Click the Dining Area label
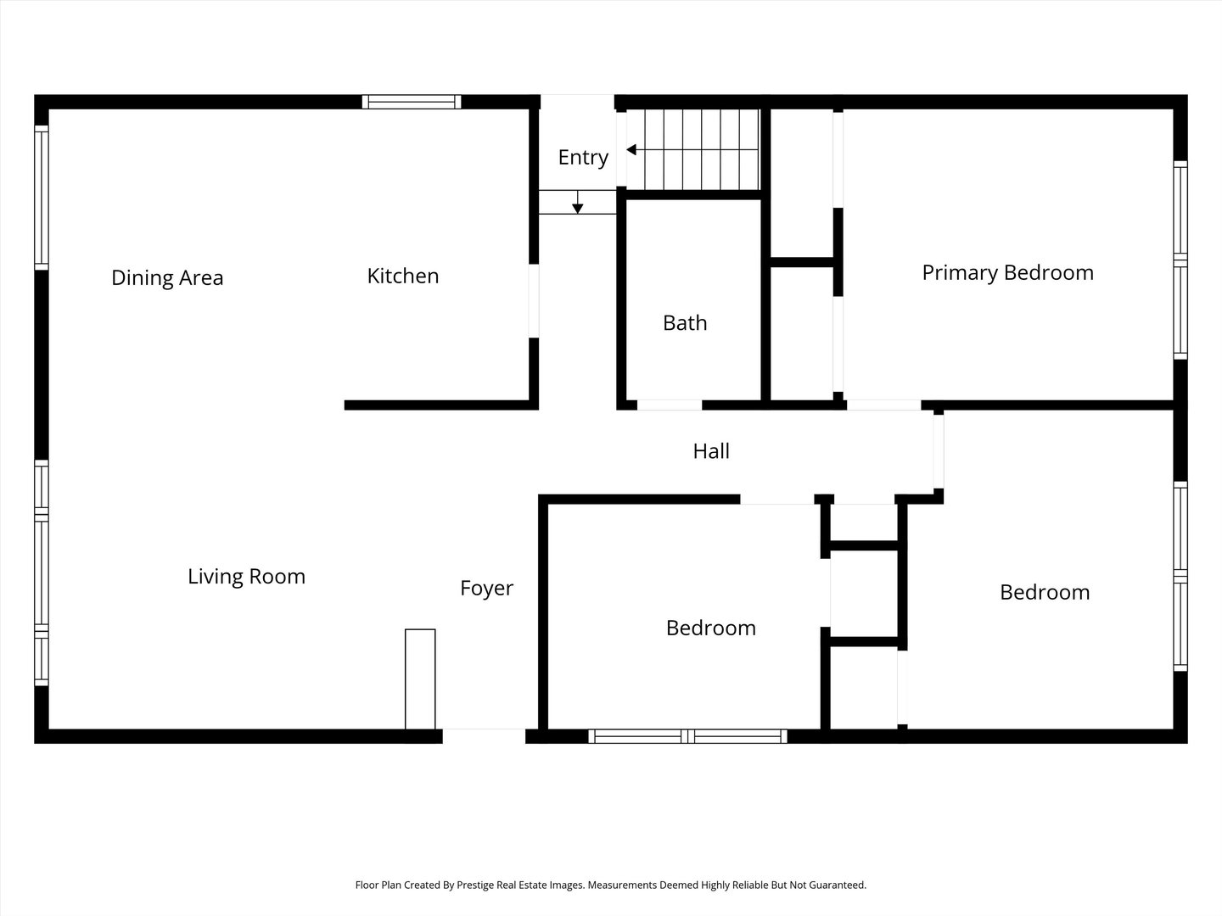point(167,278)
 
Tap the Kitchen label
point(402,276)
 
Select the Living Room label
point(246,577)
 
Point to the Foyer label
point(486,588)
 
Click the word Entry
point(583,157)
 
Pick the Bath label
point(685,323)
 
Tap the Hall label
point(711,451)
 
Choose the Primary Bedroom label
point(1007,272)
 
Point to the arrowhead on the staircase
point(631,150)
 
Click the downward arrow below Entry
point(578,206)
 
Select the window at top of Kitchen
point(412,102)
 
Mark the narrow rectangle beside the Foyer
point(420,679)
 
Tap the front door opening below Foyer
point(484,735)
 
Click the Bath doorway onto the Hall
point(670,405)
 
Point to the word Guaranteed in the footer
point(839,885)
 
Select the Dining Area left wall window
point(41,197)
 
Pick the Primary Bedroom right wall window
point(1180,259)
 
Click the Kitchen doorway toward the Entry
point(534,301)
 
